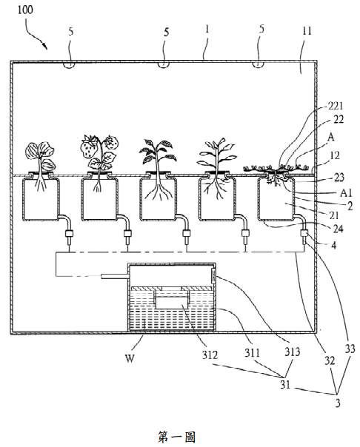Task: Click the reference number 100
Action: click(x=25, y=10)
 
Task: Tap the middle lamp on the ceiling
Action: click(x=164, y=64)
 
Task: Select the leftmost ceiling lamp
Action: click(x=70, y=64)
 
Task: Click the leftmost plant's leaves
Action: click(x=41, y=155)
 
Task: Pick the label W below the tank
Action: click(x=130, y=358)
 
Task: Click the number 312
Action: click(x=210, y=355)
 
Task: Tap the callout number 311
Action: click(x=252, y=353)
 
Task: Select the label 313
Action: click(x=292, y=352)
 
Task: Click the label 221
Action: click(x=336, y=107)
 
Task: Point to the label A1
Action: click(x=346, y=193)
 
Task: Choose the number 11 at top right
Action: click(x=307, y=31)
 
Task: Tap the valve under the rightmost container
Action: click(x=304, y=235)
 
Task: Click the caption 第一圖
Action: click(x=176, y=437)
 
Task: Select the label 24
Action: click(x=339, y=229)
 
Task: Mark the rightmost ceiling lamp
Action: click(x=259, y=64)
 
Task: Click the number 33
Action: click(x=350, y=349)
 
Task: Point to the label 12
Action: click(x=335, y=155)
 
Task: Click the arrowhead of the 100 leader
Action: click(x=44, y=47)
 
